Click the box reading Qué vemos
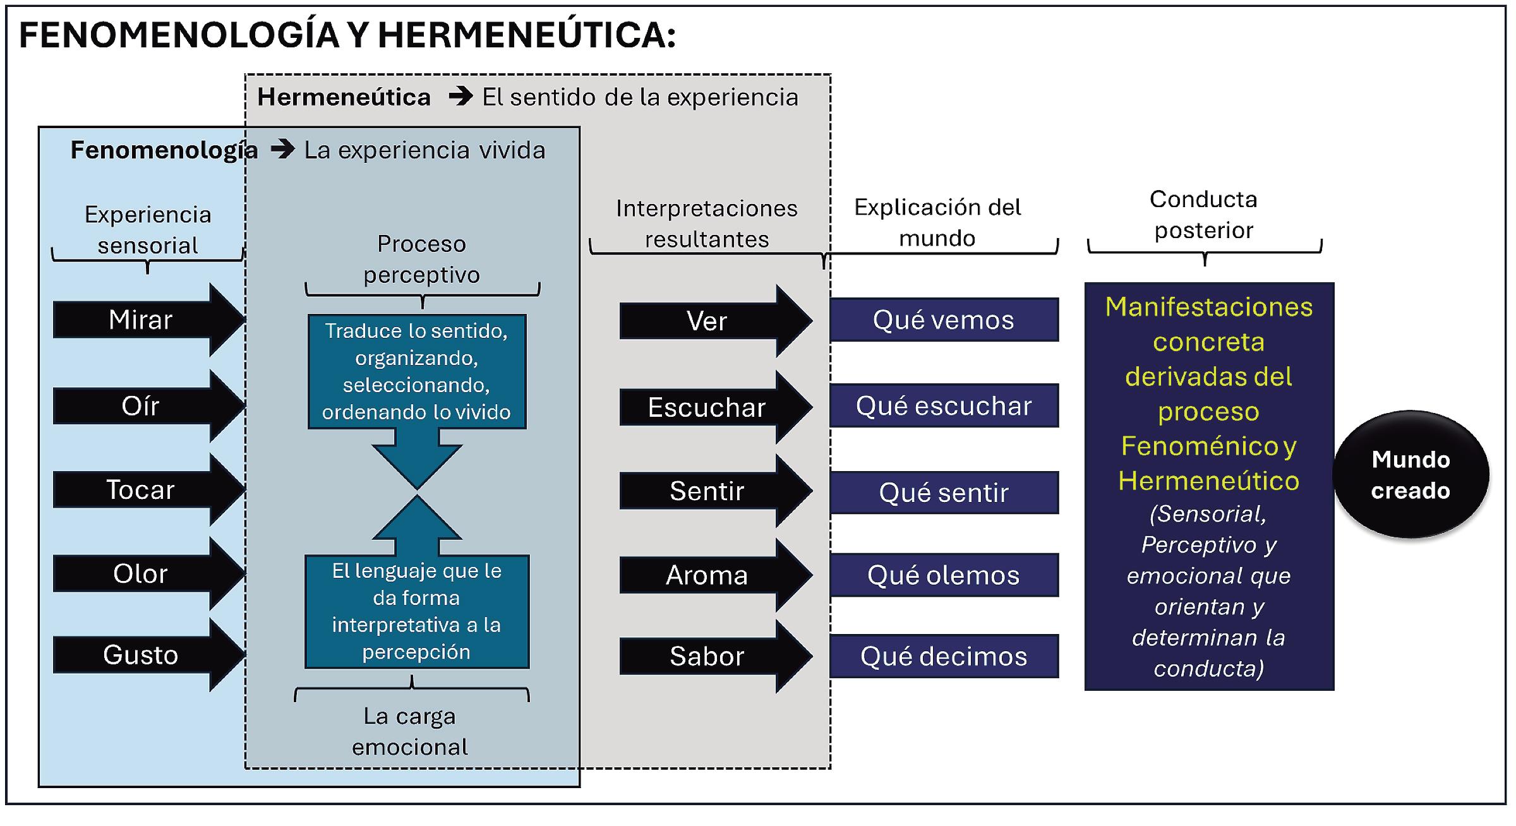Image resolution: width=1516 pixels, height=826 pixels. click(x=944, y=320)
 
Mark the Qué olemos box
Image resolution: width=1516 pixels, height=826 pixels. click(x=944, y=575)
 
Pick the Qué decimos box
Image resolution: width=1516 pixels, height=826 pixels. click(x=944, y=657)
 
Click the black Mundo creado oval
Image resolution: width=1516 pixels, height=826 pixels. click(x=1411, y=475)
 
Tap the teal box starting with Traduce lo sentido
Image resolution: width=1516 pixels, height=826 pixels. click(x=417, y=371)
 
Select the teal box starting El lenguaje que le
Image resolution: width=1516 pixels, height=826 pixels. click(x=417, y=611)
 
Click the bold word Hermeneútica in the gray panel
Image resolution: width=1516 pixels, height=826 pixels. click(x=344, y=97)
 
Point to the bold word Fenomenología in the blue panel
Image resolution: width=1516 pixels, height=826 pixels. click(x=164, y=150)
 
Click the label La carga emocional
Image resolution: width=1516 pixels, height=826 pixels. click(x=410, y=732)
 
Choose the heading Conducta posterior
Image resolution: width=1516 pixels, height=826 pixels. click(x=1203, y=215)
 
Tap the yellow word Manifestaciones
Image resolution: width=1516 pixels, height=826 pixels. click(x=1208, y=308)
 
